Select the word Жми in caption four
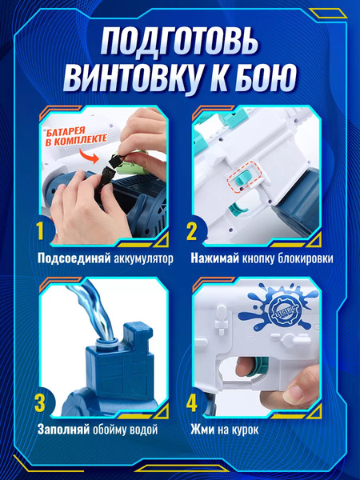[204, 430]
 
